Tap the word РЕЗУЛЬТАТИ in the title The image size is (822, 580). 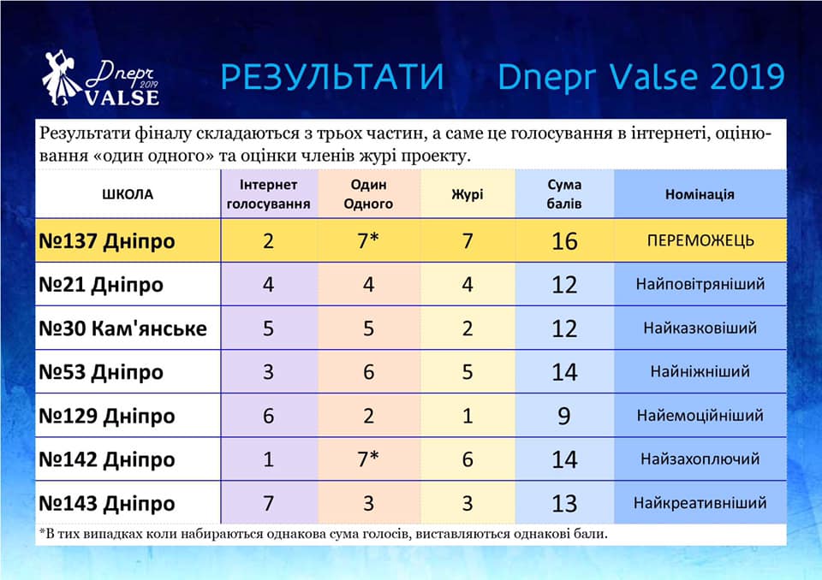pos(332,76)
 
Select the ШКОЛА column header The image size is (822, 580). pos(128,194)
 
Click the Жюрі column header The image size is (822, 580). pos(468,194)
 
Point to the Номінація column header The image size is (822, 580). pos(700,194)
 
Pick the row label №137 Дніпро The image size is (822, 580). pos(107,241)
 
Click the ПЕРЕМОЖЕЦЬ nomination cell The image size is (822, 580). pos(700,240)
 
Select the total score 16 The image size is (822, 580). pos(564,241)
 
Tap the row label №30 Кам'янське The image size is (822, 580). pos(123,328)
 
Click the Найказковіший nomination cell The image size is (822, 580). pos(700,328)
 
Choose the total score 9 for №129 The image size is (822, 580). pos(563,416)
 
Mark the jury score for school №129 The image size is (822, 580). pos(468,416)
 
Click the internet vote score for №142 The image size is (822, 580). pos(268,459)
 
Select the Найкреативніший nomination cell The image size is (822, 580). pos(700,503)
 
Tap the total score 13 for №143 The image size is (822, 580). pos(564,504)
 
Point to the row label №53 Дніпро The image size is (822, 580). pos(101,372)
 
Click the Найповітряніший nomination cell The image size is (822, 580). pos(700,285)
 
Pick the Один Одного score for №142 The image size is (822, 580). pos(368,459)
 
